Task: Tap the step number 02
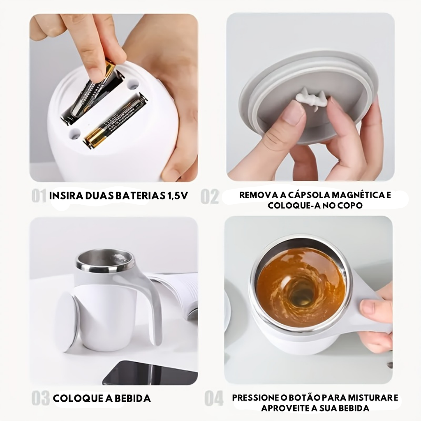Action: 210,197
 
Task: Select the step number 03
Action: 41,398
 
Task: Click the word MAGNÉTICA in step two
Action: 356,194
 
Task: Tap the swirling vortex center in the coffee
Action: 301,293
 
